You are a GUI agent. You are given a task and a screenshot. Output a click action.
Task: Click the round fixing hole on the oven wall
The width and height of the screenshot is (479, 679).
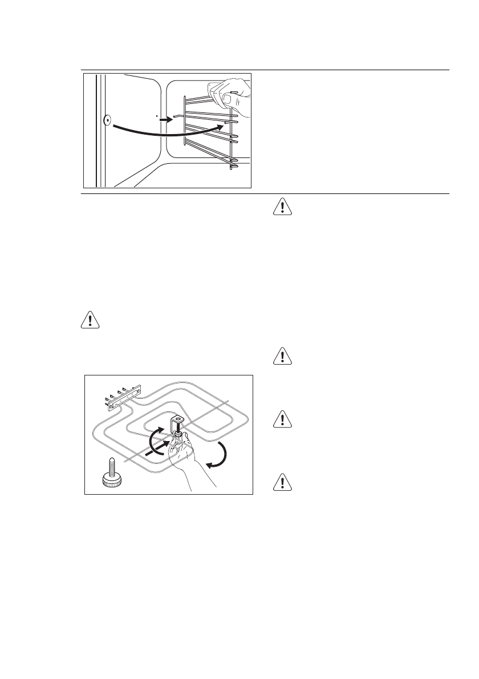(107, 120)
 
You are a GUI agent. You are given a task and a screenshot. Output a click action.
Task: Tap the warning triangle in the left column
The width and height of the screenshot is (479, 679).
(90, 321)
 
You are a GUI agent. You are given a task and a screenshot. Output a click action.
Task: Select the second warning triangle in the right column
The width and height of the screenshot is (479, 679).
(282, 356)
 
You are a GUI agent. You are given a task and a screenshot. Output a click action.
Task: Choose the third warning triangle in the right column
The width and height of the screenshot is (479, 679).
(282, 421)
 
